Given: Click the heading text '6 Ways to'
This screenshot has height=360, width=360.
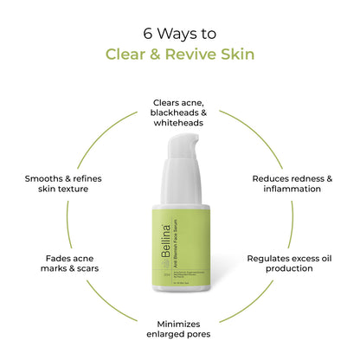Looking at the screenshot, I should (x=179, y=35).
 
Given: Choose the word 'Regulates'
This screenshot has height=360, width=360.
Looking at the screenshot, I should (x=273, y=258).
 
